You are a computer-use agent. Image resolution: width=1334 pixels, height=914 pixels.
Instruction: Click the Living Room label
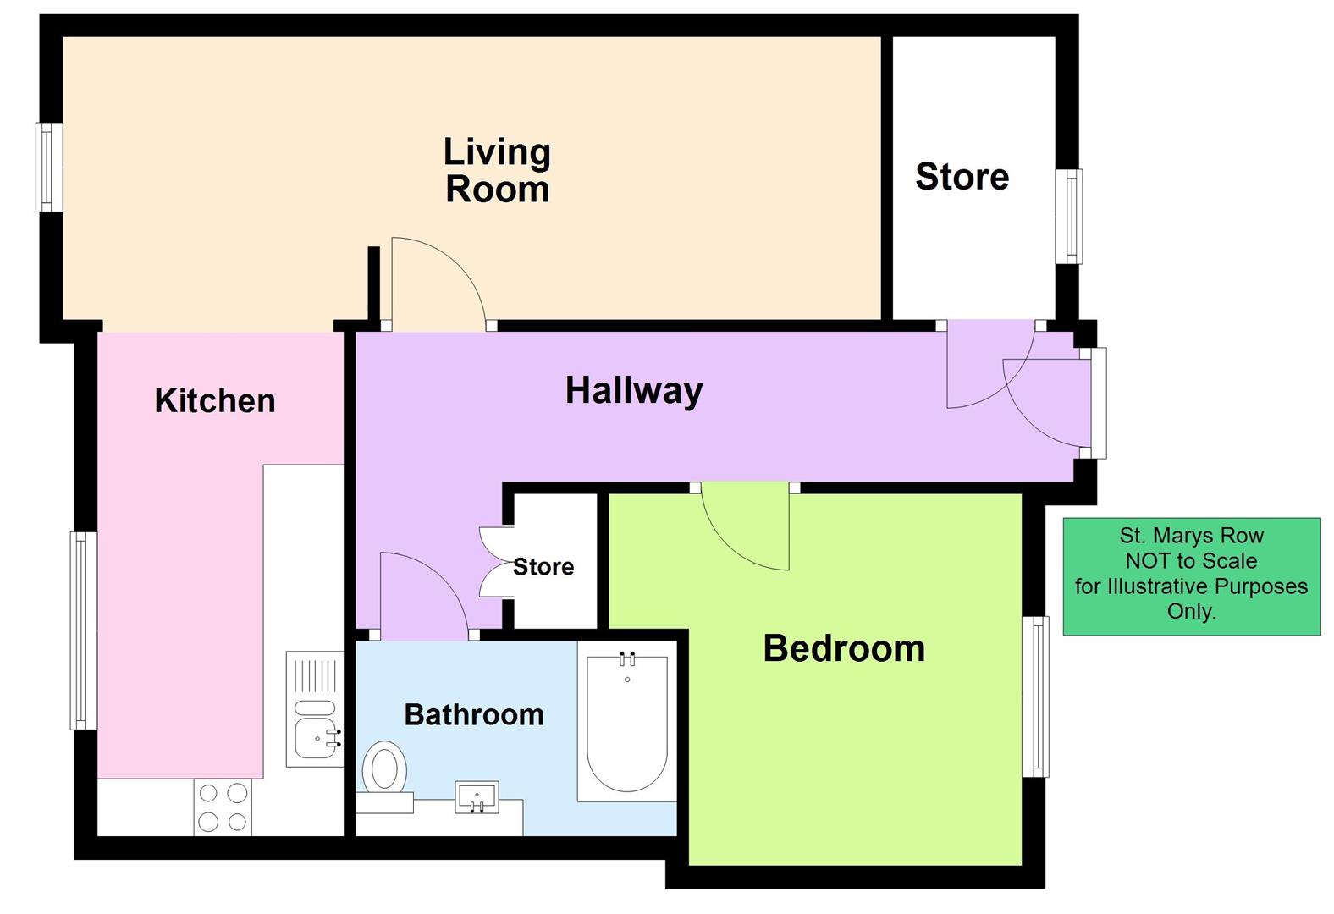point(497,170)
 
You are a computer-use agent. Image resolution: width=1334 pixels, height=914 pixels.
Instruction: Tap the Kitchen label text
point(215,400)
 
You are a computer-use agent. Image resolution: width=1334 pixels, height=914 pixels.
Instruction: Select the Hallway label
point(634,390)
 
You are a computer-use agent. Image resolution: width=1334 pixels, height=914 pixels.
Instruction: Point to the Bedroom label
point(843,648)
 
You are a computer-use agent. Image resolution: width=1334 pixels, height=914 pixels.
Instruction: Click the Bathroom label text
point(473,714)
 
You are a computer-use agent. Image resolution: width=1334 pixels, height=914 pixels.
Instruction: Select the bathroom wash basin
point(476,796)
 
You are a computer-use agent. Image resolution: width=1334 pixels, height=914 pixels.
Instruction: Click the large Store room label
point(962,177)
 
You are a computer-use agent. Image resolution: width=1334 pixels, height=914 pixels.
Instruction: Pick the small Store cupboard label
point(543,566)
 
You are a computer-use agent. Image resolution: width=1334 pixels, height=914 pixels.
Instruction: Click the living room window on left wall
point(48,167)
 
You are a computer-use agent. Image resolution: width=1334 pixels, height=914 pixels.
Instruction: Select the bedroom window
point(1035,697)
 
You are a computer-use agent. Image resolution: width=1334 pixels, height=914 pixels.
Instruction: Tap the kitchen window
point(82,630)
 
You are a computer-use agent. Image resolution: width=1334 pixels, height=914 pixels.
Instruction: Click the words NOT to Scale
point(1190,560)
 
